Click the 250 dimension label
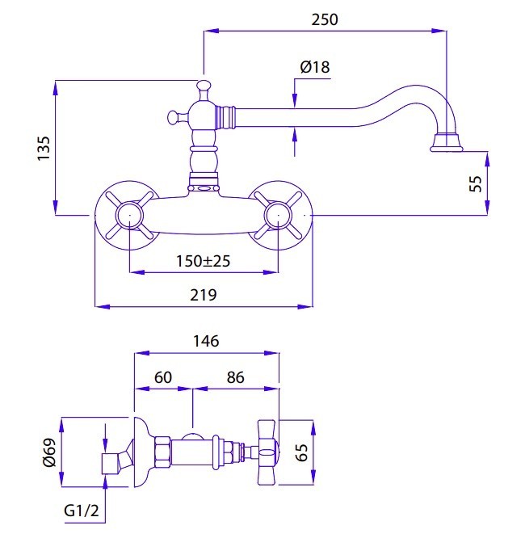point(325,19)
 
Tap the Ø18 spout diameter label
point(314,68)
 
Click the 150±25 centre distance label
point(203,261)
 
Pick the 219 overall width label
point(204,296)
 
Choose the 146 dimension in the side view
point(207,341)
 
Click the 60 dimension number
point(162,377)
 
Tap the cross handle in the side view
point(267,452)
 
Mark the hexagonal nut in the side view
point(162,452)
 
